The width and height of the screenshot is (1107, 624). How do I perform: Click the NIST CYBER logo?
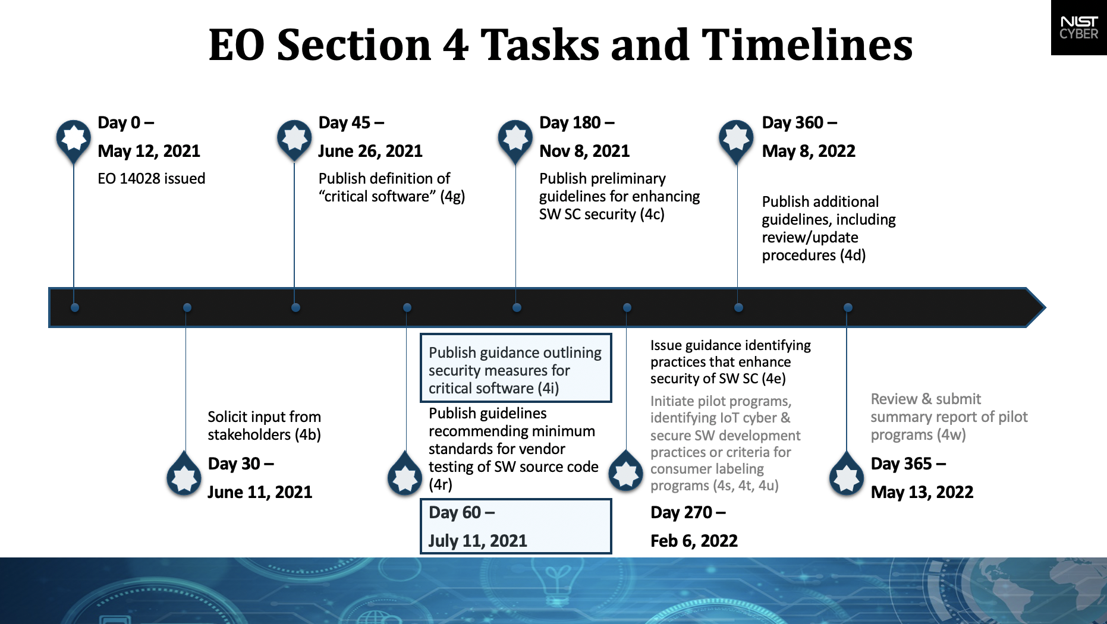click(1078, 28)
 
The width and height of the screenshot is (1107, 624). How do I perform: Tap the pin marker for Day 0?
click(73, 138)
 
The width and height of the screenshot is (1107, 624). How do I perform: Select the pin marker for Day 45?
click(294, 138)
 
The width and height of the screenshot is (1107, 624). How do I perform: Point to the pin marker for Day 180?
click(515, 138)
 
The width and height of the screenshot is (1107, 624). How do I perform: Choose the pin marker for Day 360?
click(736, 138)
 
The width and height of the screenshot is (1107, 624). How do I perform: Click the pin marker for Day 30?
click(184, 476)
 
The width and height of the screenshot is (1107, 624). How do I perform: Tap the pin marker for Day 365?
click(846, 476)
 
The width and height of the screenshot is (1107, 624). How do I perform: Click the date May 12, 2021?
click(149, 151)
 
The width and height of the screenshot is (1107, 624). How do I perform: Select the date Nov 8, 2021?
click(584, 151)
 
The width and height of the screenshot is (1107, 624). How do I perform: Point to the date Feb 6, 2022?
click(694, 541)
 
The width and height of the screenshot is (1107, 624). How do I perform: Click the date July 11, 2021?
click(477, 541)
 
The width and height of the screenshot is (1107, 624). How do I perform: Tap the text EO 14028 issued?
click(151, 178)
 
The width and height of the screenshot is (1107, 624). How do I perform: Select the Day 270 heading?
click(687, 512)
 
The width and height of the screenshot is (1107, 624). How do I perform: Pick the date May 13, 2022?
click(922, 492)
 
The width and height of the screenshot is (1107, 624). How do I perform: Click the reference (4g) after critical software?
click(452, 196)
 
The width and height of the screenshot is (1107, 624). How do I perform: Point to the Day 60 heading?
click(461, 512)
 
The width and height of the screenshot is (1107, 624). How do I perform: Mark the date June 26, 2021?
click(370, 151)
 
